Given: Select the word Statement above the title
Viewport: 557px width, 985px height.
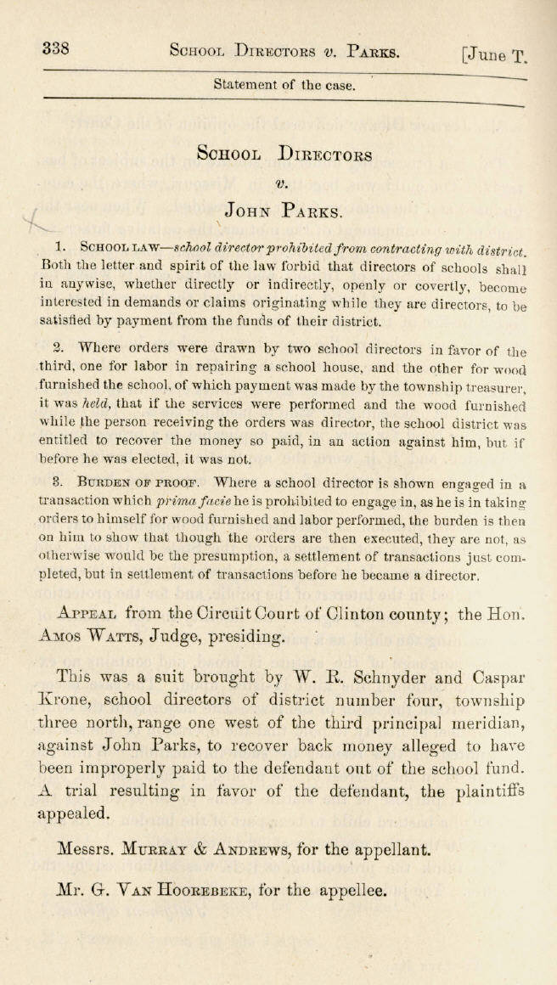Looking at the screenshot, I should [246, 85].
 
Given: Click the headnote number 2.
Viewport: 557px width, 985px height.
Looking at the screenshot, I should [59, 347].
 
